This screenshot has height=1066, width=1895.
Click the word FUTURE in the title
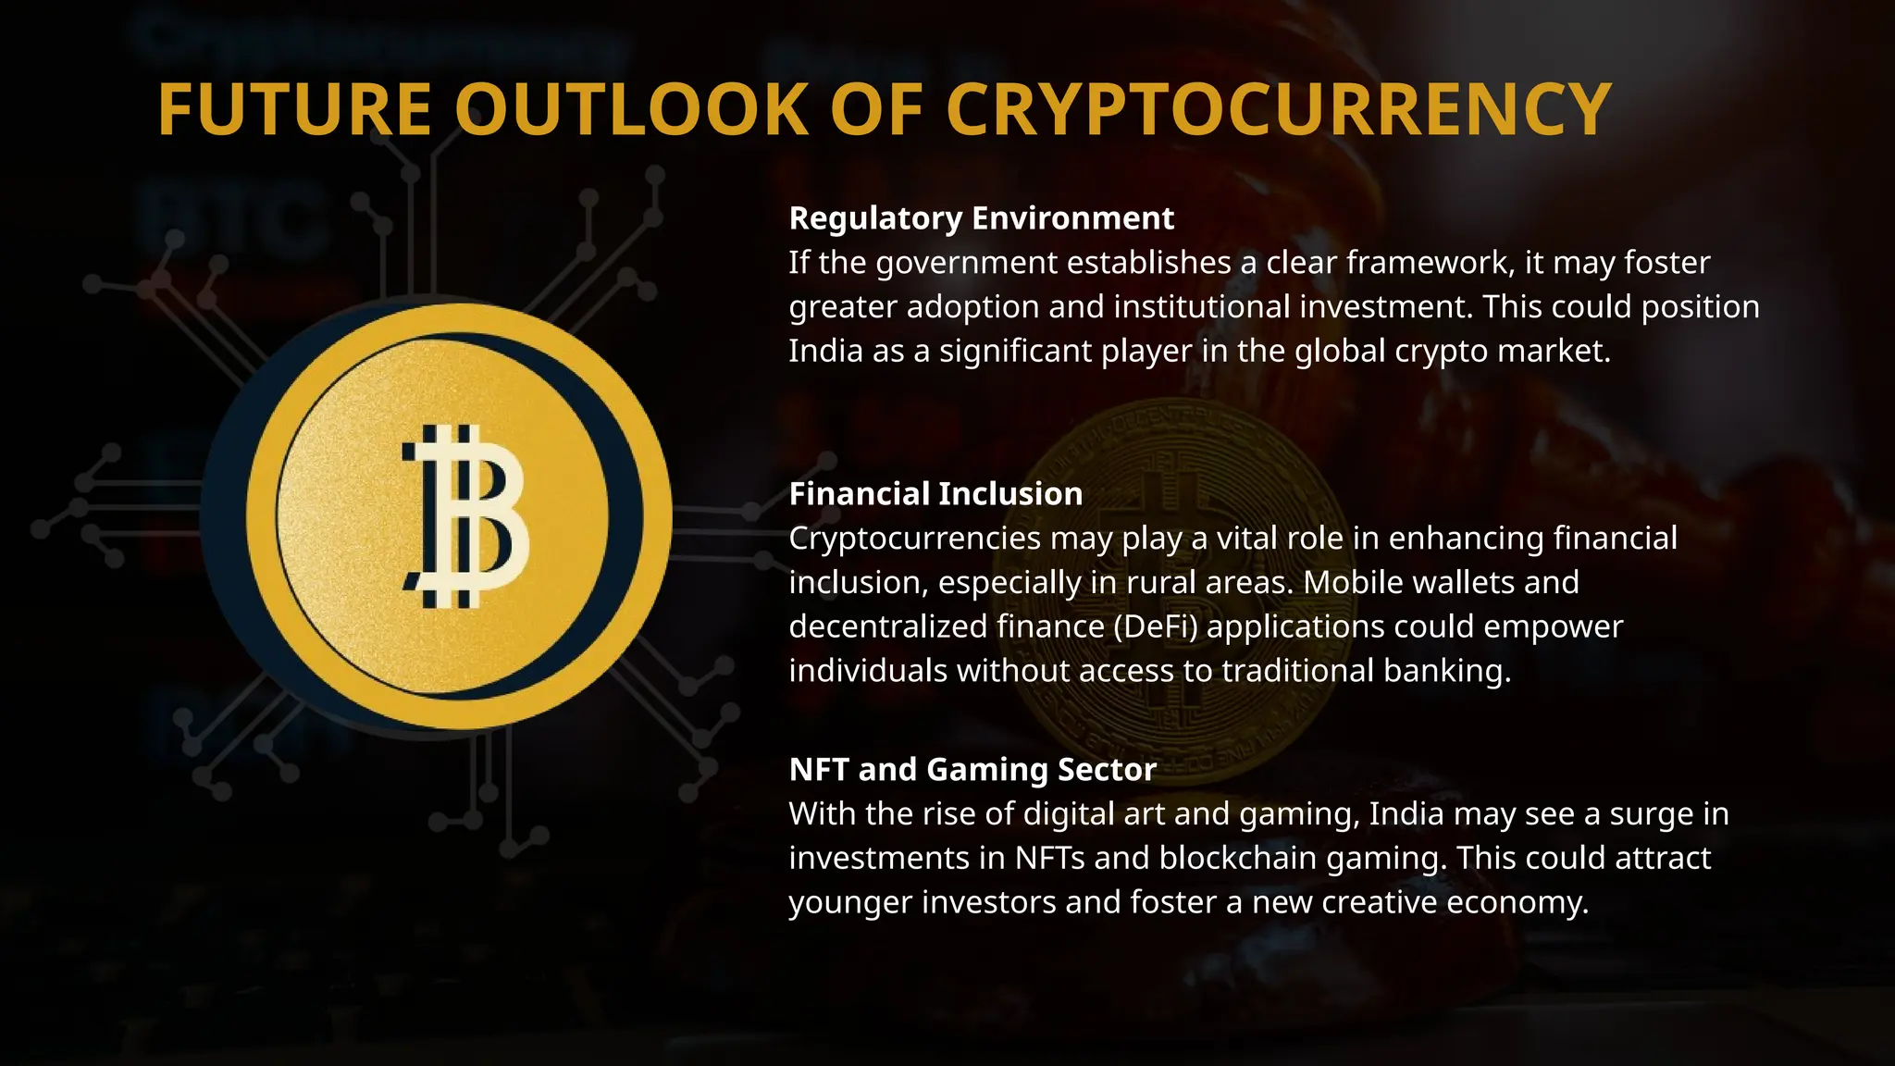(x=294, y=110)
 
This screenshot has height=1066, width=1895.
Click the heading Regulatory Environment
(x=981, y=218)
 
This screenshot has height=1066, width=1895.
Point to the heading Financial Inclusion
(x=935, y=494)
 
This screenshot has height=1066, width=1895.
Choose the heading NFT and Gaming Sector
(x=972, y=770)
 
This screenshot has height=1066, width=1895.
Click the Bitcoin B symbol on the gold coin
(x=464, y=515)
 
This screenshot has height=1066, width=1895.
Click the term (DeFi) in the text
(x=1156, y=626)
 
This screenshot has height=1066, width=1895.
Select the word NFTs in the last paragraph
(x=1049, y=858)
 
